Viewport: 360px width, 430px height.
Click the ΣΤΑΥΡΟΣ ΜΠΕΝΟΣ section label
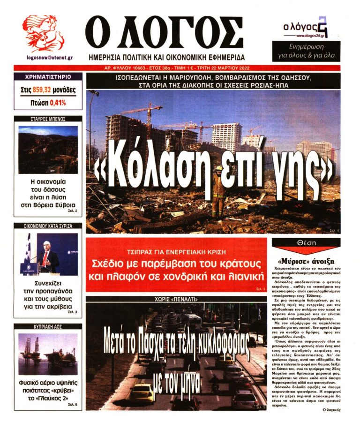point(48,119)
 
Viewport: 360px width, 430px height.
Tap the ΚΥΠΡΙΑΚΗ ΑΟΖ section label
point(48,326)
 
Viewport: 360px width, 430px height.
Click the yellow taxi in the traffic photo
point(142,393)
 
